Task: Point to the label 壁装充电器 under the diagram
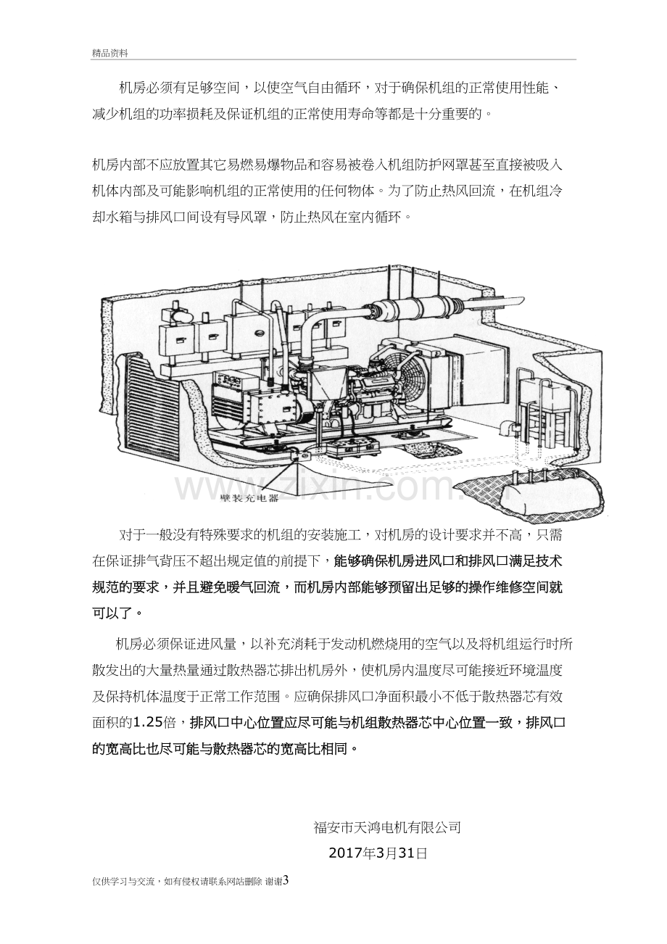click(x=250, y=498)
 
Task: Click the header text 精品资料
click(x=110, y=53)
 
